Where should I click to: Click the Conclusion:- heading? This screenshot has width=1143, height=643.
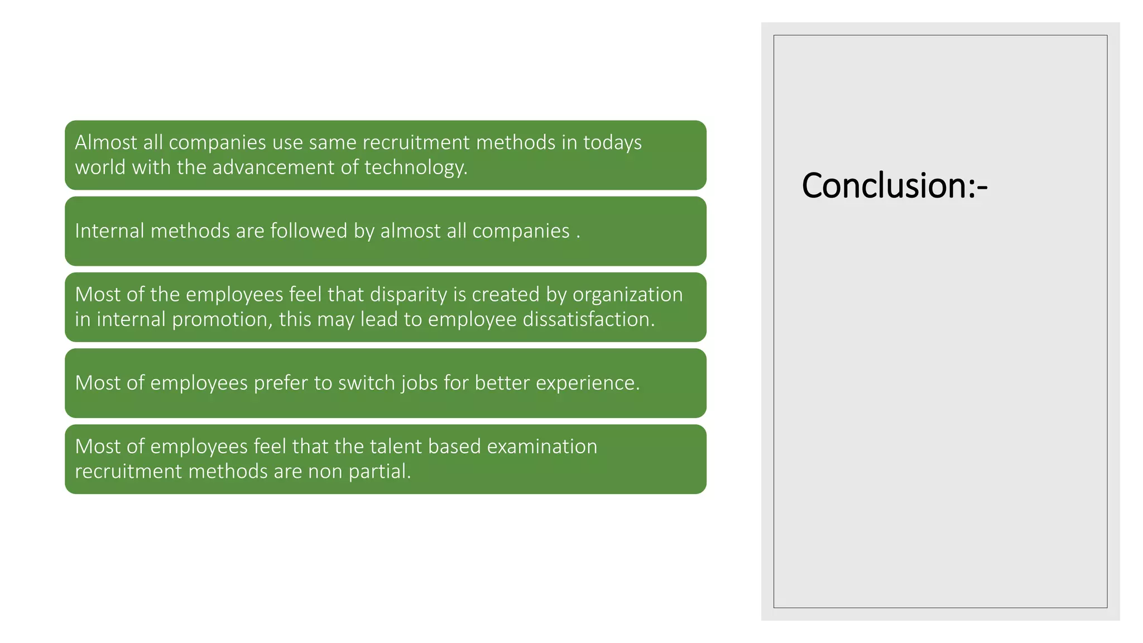(894, 185)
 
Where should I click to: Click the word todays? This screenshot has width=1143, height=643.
(612, 143)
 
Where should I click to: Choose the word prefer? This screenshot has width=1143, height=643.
(281, 383)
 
